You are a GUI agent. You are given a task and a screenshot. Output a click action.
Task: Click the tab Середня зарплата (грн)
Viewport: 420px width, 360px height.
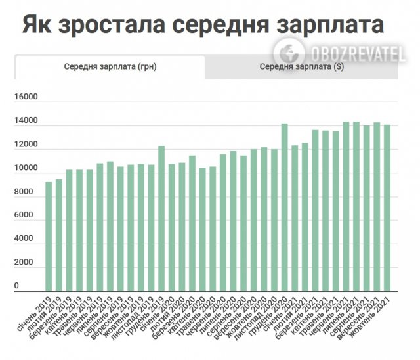110,66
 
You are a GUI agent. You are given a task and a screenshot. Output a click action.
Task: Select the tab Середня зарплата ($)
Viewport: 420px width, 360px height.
301,66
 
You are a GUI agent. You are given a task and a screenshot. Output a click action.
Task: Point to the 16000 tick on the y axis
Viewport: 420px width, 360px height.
26,97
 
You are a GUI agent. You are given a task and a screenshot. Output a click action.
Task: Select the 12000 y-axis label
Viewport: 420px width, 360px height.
26,145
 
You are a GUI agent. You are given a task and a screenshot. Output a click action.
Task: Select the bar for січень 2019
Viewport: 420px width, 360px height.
49,236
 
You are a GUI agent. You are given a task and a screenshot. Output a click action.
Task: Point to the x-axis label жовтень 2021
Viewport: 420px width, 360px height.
371,309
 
